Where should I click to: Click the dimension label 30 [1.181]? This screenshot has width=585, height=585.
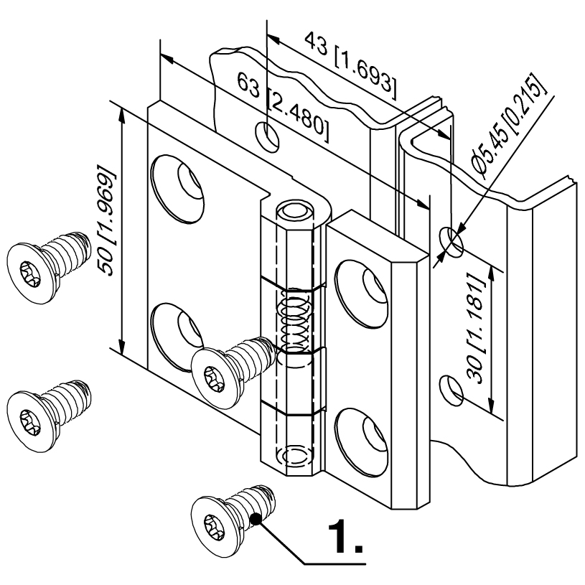(x=475, y=329)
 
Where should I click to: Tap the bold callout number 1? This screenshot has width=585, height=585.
(x=345, y=536)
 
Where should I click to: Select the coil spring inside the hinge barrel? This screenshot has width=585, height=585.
(x=294, y=319)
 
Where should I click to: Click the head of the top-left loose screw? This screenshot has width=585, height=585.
(x=29, y=273)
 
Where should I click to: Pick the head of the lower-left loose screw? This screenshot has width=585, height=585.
(x=29, y=421)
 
